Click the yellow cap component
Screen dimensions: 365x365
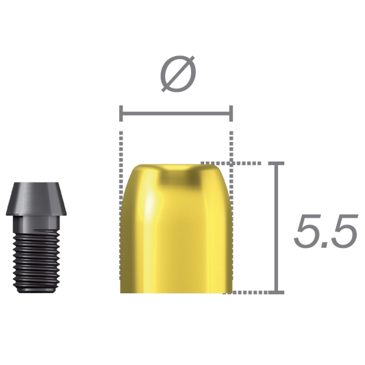(177, 233)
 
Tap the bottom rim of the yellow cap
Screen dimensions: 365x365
(177, 293)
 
